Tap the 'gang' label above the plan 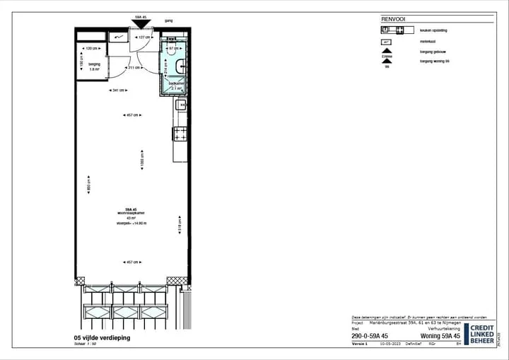[168, 21]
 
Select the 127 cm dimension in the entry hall [144, 37]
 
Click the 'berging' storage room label [94, 64]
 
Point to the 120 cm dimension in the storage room [92, 48]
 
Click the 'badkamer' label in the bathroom [176, 83]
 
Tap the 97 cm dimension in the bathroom [174, 48]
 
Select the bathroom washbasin [182, 67]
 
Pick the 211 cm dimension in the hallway [131, 68]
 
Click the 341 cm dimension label [118, 91]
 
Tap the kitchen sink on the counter [180, 107]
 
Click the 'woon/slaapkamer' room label [131, 214]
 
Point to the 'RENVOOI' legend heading [392, 19]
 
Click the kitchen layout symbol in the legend [395, 30]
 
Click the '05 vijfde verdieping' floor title [103, 338]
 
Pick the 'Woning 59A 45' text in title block [440, 336]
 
